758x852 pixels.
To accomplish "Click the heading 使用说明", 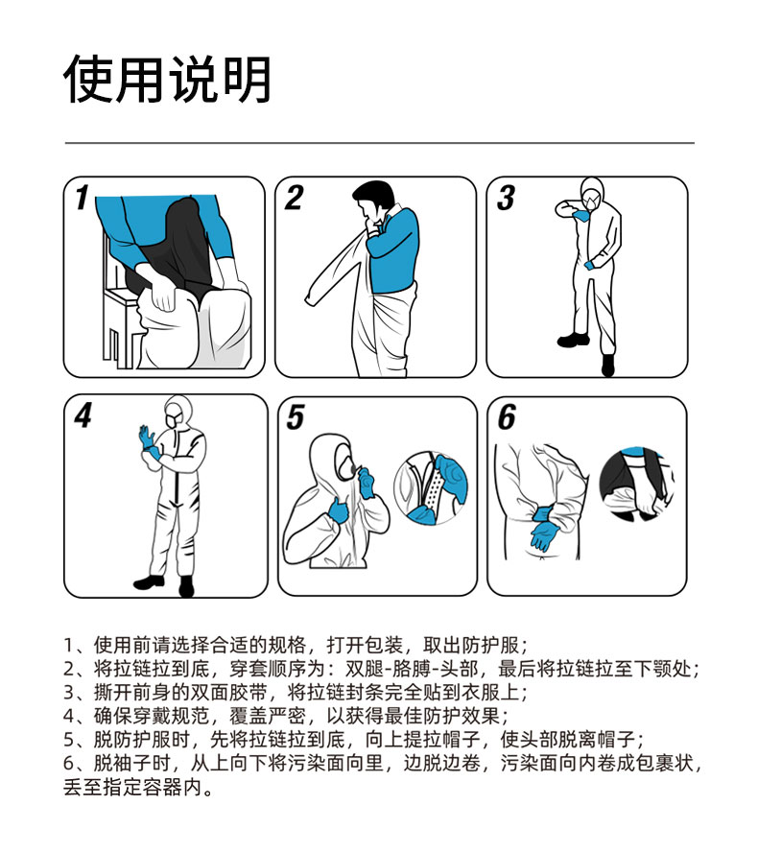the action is [167, 80].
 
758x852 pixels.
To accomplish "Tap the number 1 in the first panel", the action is [83, 197].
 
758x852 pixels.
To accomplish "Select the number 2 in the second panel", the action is [294, 198].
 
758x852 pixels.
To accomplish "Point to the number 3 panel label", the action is [506, 198].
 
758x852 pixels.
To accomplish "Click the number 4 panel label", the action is [83, 415].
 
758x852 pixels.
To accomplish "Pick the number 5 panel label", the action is [296, 417].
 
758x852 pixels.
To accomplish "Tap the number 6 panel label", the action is [507, 417].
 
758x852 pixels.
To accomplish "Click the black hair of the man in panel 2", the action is [374, 196].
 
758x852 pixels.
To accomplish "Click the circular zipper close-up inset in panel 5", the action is [431, 487].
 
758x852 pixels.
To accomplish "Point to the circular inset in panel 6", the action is [636, 485].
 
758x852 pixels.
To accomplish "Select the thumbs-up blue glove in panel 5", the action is [338, 509].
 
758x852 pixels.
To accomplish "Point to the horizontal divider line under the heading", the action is [380, 143].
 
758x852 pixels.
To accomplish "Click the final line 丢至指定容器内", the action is [138, 786].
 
